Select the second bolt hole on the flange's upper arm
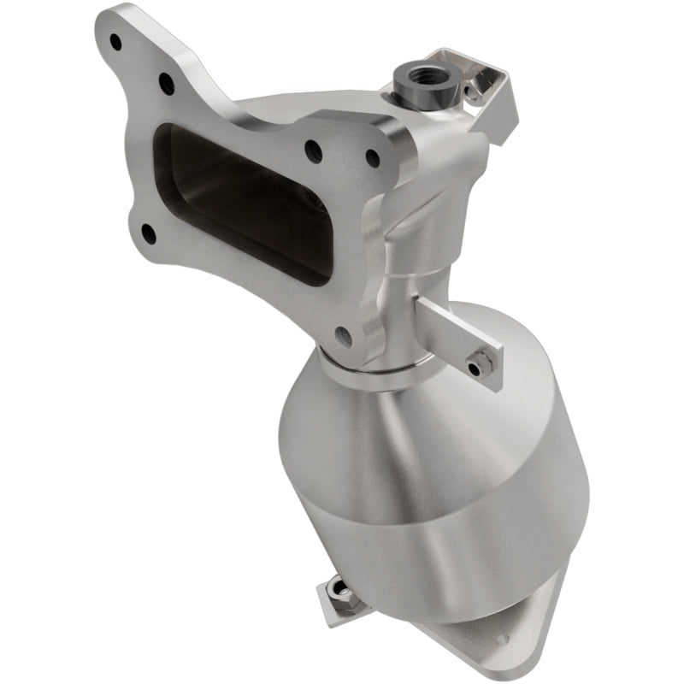[x=165, y=83]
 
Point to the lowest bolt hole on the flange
[x=344, y=334]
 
